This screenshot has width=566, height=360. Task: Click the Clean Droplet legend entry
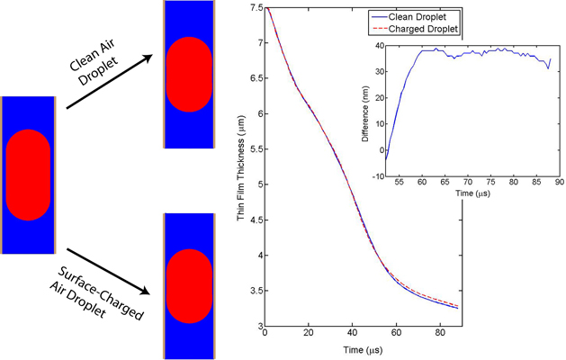[x=425, y=16]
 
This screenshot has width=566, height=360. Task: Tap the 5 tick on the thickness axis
[x=256, y=184]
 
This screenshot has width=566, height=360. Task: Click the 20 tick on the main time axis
[x=309, y=334]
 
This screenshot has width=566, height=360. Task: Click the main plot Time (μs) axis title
[x=361, y=349]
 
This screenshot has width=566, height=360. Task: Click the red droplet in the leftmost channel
[x=30, y=175]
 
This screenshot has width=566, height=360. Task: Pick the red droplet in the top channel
[x=189, y=75]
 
